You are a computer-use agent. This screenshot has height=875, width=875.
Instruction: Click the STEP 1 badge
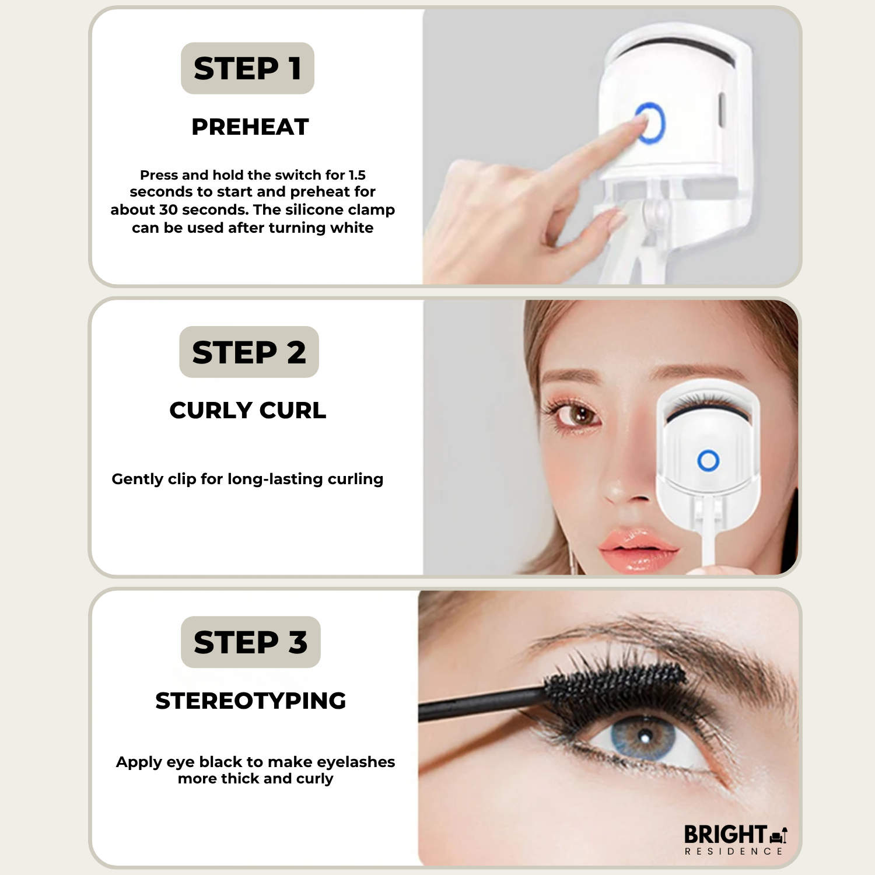[x=247, y=68]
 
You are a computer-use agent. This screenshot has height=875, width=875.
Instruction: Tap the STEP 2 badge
[x=249, y=352]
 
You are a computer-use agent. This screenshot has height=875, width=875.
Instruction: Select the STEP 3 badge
[x=251, y=642]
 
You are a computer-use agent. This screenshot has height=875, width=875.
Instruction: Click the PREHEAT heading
[x=250, y=127]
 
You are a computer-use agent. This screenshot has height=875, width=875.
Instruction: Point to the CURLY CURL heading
[x=248, y=410]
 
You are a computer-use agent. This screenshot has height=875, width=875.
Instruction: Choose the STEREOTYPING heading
[x=251, y=701]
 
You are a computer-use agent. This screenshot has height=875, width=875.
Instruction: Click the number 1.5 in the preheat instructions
[x=357, y=175]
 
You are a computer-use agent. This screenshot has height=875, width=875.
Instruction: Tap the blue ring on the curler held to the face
[x=708, y=461]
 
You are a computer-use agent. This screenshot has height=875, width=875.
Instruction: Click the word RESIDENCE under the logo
[x=734, y=852]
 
